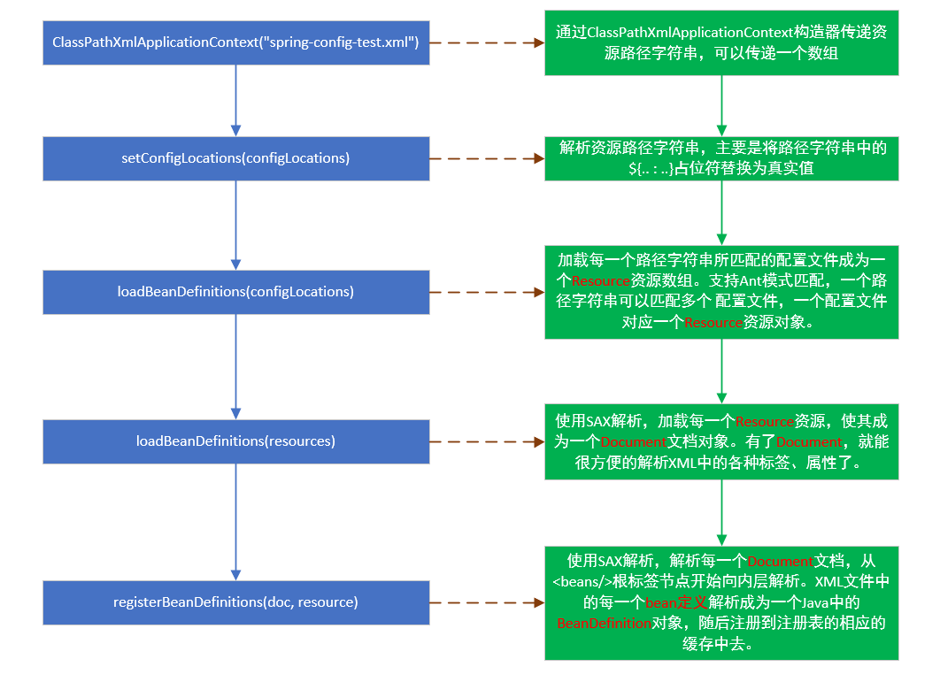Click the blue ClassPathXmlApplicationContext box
pyautogui.click(x=235, y=42)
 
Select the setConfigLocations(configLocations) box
pyautogui.click(x=235, y=158)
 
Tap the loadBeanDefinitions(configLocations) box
pyautogui.click(x=235, y=291)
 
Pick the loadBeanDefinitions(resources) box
pyautogui.click(x=235, y=441)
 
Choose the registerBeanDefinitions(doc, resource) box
pyautogui.click(x=235, y=602)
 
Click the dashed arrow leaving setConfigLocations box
pyautogui.click(x=487, y=159)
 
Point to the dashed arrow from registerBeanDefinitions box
pyautogui.click(x=487, y=602)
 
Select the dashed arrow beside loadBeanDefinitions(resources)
pyautogui.click(x=487, y=441)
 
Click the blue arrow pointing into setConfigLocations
pyautogui.click(x=235, y=101)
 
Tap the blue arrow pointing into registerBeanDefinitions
pyautogui.click(x=235, y=522)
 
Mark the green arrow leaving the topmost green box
pyautogui.click(x=721, y=104)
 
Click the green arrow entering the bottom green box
pyautogui.click(x=721, y=513)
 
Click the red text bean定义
pyautogui.click(x=675, y=603)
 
